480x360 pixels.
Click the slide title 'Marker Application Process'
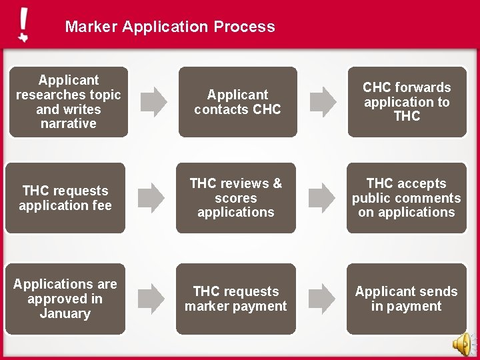[170, 27]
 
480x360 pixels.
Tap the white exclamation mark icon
[23, 25]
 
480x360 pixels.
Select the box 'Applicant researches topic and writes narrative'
[65, 102]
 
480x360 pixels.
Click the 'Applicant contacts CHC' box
[236, 102]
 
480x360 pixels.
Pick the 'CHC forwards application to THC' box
[407, 102]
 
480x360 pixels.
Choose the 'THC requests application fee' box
[65, 198]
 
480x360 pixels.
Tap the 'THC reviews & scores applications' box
[236, 198]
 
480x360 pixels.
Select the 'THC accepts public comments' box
[407, 198]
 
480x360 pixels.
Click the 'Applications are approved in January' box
[65, 299]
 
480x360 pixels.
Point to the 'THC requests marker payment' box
[236, 299]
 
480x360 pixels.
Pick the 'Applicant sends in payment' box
[407, 299]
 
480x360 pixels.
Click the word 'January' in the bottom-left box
[65, 313]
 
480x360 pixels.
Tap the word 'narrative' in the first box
[68, 124]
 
